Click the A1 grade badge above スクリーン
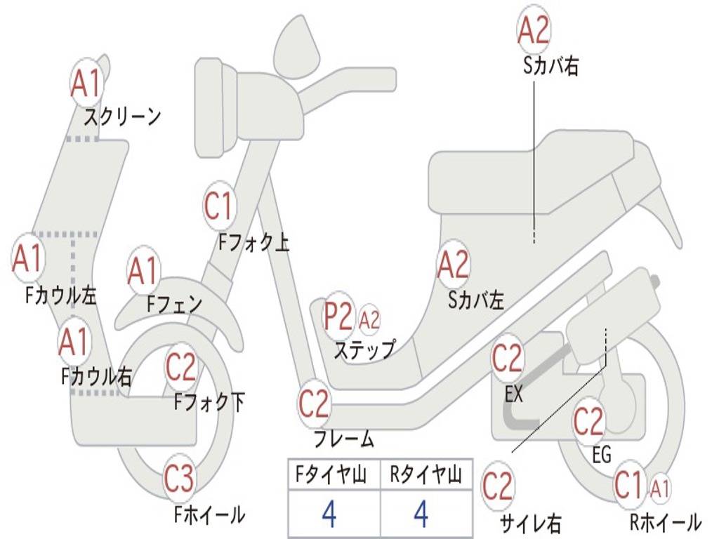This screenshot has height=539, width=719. (87, 84)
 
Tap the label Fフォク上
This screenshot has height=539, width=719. (253, 243)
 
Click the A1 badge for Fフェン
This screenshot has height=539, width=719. (143, 271)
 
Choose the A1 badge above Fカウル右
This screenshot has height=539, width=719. (73, 342)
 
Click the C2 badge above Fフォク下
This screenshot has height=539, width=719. (181, 366)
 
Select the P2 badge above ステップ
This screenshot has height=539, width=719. (338, 317)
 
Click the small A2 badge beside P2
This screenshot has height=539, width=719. (369, 320)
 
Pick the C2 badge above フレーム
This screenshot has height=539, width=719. (314, 404)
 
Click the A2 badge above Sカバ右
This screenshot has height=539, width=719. (534, 30)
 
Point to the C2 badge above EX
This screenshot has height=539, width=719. (508, 359)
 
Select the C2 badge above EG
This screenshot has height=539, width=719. (589, 421)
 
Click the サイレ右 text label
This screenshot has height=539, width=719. (530, 523)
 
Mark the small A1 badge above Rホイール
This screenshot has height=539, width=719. (661, 487)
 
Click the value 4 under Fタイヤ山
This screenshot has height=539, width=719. (329, 514)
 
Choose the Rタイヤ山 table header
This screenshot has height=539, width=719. (426, 477)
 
